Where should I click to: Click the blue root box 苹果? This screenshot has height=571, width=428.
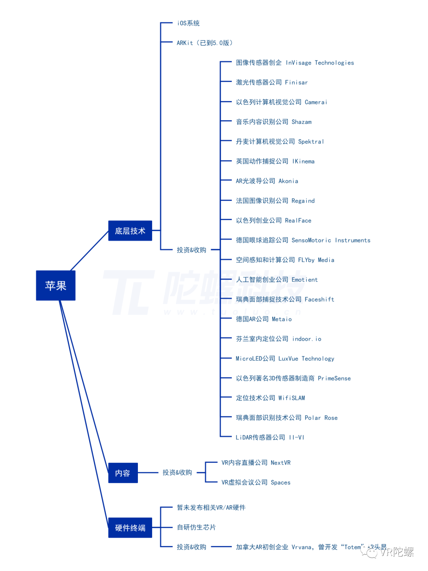[55, 285]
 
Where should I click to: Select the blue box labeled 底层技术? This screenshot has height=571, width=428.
[130, 231]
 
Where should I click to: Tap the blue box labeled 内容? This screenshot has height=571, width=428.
[123, 473]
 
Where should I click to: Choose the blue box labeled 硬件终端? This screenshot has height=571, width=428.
[130, 528]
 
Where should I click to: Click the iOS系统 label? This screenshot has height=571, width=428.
[188, 23]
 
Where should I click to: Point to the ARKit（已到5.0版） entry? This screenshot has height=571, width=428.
[204, 43]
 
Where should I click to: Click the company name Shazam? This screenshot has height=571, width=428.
[302, 122]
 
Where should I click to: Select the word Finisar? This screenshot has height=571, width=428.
[296, 82]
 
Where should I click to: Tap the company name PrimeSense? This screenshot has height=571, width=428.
[334, 379]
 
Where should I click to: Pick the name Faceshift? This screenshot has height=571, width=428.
[319, 300]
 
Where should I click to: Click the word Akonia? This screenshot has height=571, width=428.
[288, 181]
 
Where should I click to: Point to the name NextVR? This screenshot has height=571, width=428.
[281, 463]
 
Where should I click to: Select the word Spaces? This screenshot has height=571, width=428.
[281, 483]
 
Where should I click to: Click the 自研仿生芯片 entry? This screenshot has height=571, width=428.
[196, 527]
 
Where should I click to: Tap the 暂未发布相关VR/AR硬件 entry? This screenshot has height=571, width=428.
[211, 508]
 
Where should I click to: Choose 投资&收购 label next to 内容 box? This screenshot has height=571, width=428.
[177, 473]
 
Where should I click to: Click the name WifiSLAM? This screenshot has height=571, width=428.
[292, 398]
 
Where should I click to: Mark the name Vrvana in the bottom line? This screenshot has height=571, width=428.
[302, 547]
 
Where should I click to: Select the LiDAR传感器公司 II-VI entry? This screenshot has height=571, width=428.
[270, 437]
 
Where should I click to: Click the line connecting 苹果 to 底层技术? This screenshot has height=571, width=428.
[90, 251]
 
